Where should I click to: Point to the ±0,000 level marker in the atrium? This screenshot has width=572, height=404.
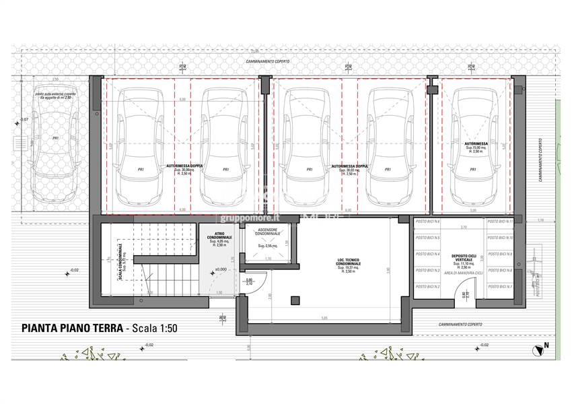click(x=220, y=270)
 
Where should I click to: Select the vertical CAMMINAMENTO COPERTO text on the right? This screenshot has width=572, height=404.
click(x=540, y=162)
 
